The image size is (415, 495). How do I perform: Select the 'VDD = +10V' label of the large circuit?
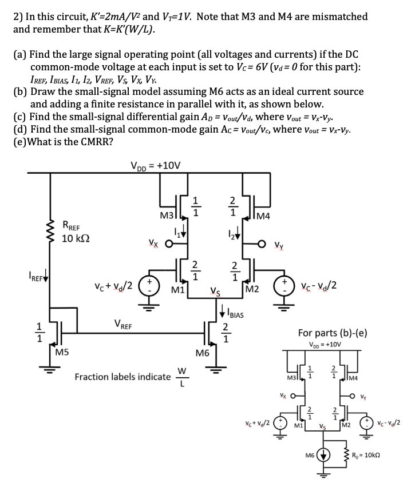tap(156, 166)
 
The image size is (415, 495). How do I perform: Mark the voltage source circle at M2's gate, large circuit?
tap(284, 284)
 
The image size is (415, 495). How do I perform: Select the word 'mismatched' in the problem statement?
tap(333, 16)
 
